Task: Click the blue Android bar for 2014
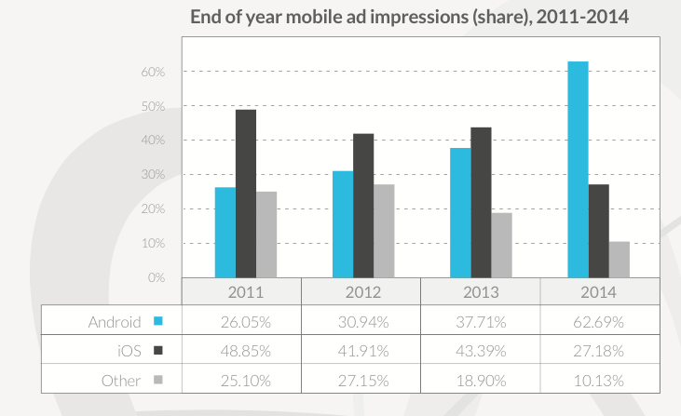(578, 169)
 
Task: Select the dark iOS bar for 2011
(246, 194)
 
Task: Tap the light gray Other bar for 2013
(501, 245)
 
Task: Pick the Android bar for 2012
(343, 224)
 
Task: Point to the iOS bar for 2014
(598, 231)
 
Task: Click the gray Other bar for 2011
(266, 235)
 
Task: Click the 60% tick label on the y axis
(153, 72)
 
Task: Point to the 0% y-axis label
(157, 277)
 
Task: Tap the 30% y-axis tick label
(153, 174)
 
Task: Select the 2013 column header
(481, 292)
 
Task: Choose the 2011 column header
(246, 292)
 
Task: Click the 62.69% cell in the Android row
(598, 322)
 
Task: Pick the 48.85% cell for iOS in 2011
(246, 351)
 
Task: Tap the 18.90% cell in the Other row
(481, 381)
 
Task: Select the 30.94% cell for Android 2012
(363, 322)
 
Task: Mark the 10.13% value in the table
(598, 381)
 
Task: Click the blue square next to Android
(158, 321)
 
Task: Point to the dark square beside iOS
(158, 350)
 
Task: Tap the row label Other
(121, 381)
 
